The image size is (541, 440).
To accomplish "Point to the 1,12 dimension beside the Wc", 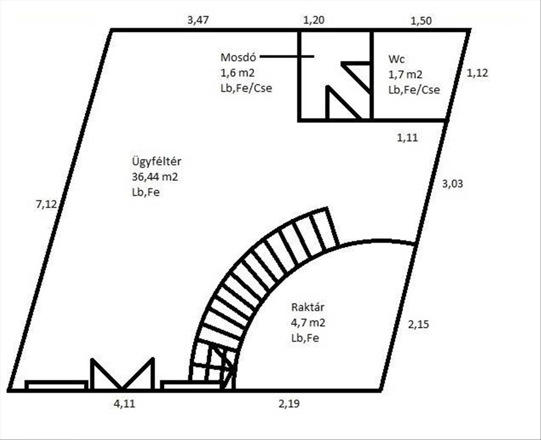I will click(x=477, y=73).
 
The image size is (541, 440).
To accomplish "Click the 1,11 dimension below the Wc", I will click(x=407, y=138).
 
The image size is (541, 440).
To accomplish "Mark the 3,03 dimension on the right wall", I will click(x=453, y=184).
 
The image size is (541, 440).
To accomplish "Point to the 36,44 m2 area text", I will click(x=153, y=177).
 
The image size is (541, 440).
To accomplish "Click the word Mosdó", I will click(x=238, y=57).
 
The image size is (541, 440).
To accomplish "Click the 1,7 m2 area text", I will click(x=405, y=74).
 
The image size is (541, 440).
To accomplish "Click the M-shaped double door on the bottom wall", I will click(x=122, y=374).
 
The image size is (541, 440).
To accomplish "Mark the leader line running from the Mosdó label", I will click(x=287, y=56).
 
